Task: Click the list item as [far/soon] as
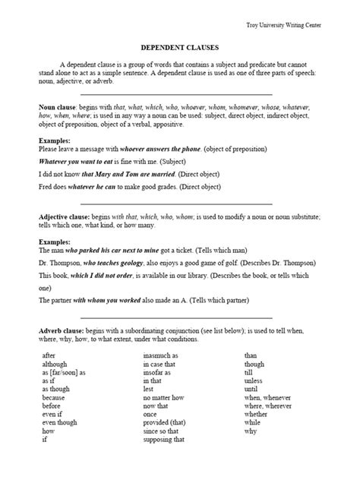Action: [x=64, y=373]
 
